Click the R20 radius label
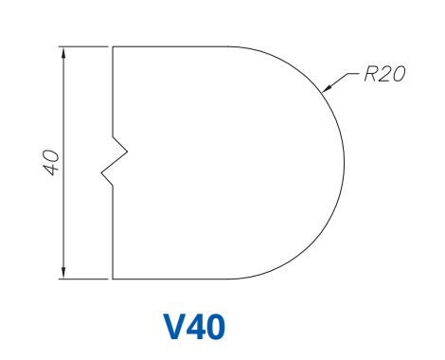tap(384, 74)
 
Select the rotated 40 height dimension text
tap(51, 161)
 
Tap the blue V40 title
tap(195, 327)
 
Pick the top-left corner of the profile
tap(113, 45)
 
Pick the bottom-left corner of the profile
tap(113, 279)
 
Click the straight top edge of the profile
tap(170, 45)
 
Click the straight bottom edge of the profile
tap(170, 279)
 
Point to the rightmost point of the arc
tap(344, 162)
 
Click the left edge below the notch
tap(113, 232)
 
